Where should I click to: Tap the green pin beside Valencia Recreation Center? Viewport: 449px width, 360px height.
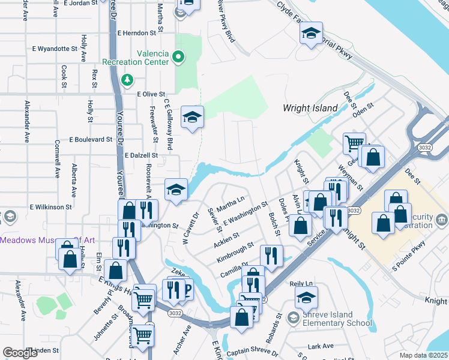pos(178,58)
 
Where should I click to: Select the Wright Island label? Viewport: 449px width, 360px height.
pos(310,108)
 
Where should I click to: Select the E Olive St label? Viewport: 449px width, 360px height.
pos(151,94)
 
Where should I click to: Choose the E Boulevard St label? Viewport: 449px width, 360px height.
pos(91,139)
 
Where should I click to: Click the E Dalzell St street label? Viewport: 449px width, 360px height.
pos(141,155)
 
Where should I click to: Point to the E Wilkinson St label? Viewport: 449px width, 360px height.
pos(50,207)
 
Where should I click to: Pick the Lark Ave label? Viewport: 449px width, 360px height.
pos(320,346)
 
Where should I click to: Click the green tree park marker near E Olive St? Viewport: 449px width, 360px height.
pos(127,80)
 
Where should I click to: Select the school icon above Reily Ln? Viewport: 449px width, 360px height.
pos(306,298)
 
